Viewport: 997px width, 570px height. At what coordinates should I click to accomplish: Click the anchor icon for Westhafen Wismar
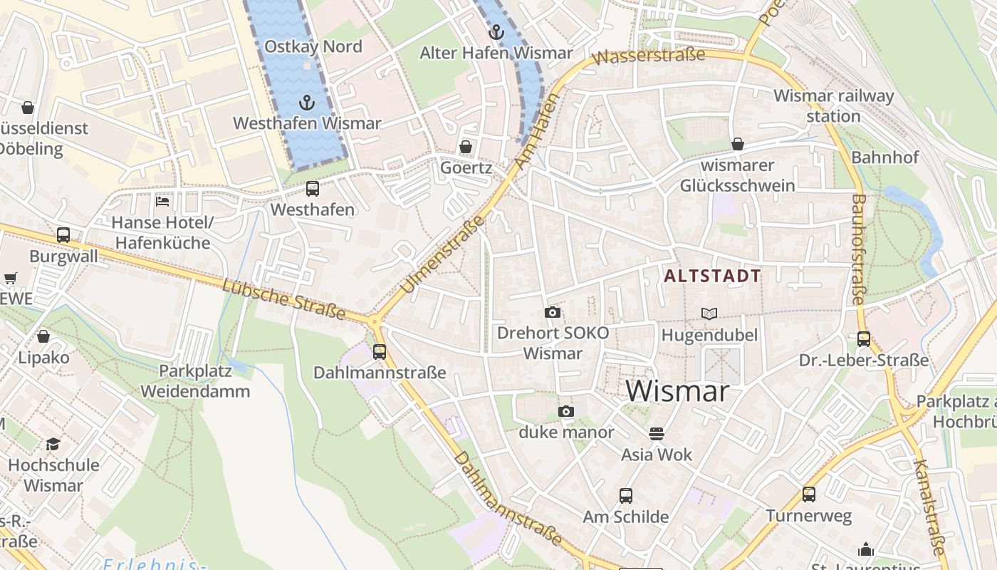(306, 103)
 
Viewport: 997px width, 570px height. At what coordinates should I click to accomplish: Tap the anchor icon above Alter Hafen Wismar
(496, 32)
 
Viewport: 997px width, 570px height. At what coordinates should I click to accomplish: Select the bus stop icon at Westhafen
(312, 189)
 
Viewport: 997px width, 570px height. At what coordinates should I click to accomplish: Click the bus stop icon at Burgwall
(63, 235)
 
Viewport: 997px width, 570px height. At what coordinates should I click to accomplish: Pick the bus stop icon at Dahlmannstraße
(380, 351)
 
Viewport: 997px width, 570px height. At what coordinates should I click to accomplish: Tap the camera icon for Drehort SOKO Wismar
(552, 312)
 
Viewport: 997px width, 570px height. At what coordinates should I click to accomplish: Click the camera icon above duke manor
(566, 411)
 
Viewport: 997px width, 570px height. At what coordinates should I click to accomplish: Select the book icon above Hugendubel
(709, 313)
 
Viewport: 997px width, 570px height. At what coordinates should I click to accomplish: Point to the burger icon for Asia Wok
(657, 433)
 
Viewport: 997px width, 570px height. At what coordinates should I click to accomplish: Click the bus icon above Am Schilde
(626, 495)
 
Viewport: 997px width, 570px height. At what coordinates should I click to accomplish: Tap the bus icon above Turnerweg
(809, 494)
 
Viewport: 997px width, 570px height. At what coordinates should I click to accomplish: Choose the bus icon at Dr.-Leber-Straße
(864, 339)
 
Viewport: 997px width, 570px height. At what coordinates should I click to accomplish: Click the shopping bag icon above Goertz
(466, 147)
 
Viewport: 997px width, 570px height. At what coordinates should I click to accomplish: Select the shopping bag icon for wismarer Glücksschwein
(738, 144)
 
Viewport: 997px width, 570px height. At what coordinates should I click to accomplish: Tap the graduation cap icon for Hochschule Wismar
(53, 445)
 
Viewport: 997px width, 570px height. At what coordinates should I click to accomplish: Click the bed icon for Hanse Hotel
(162, 202)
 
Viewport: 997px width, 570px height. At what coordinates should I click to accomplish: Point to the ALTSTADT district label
(712, 276)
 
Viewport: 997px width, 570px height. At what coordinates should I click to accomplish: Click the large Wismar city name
(677, 391)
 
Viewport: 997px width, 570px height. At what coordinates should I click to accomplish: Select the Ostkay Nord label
(313, 47)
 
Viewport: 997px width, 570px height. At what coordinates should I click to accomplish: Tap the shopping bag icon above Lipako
(43, 336)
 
